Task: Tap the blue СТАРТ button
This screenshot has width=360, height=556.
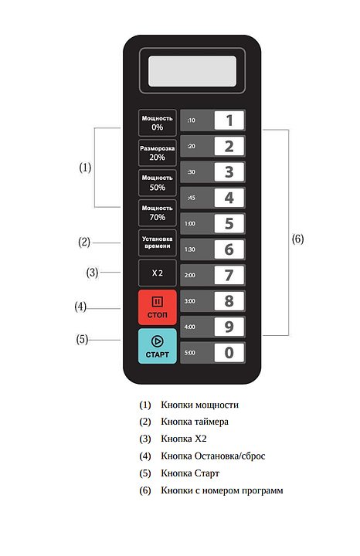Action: [157, 346]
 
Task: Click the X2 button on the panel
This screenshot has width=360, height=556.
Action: [157, 273]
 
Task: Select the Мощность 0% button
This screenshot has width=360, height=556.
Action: [157, 123]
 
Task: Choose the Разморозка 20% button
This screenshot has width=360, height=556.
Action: [157, 153]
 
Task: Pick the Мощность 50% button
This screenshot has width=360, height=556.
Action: [157, 183]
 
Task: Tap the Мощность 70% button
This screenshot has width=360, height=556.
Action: [157, 213]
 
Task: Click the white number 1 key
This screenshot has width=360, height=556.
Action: [229, 120]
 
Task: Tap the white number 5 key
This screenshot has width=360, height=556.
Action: [229, 223]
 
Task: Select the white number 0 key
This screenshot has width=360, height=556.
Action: [229, 352]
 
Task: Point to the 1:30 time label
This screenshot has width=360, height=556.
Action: [190, 249]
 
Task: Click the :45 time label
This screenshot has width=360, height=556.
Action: [191, 198]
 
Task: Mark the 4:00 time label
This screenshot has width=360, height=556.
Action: [190, 327]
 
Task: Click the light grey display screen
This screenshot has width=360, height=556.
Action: [192, 71]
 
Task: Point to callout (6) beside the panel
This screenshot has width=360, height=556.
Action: [297, 239]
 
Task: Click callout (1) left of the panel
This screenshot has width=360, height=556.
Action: [85, 168]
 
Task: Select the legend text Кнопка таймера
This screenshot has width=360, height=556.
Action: [195, 422]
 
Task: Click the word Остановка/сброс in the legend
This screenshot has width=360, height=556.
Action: [230, 456]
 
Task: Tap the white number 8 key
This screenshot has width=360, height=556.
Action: [229, 301]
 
